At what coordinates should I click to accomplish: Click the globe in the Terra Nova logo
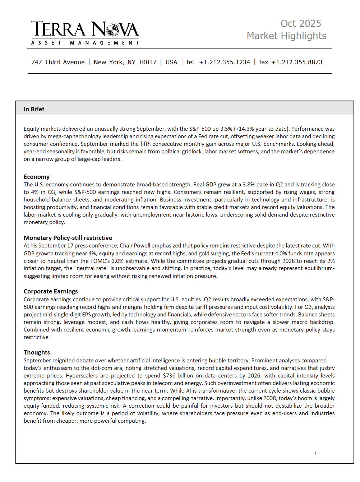tap(113, 29)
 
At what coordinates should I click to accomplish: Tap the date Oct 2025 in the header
tap(301, 24)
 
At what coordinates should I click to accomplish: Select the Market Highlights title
tap(286, 36)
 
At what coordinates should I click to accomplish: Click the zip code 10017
tap(147, 62)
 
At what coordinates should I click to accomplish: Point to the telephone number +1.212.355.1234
tap(225, 62)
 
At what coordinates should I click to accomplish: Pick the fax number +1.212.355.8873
tap(297, 62)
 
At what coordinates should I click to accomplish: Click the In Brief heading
tap(34, 109)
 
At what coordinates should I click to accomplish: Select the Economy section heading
tap(37, 177)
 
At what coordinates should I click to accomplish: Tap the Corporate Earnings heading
tap(51, 291)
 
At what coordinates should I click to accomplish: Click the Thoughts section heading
tap(37, 352)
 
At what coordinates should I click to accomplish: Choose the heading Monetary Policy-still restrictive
tap(68, 238)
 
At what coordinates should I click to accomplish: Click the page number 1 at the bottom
tap(315, 453)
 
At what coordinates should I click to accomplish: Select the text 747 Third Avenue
tap(58, 62)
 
